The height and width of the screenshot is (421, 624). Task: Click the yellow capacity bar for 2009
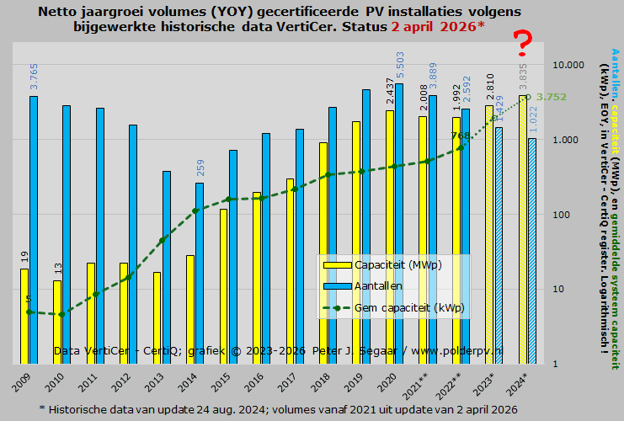[x=24, y=316]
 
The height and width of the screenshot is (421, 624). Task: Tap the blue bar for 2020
[x=399, y=223]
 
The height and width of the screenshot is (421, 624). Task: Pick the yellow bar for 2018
[x=323, y=253]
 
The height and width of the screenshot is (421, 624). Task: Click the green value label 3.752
[x=551, y=97]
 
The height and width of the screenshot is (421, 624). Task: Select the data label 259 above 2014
[x=200, y=168]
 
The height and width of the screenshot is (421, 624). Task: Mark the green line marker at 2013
[x=162, y=240]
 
